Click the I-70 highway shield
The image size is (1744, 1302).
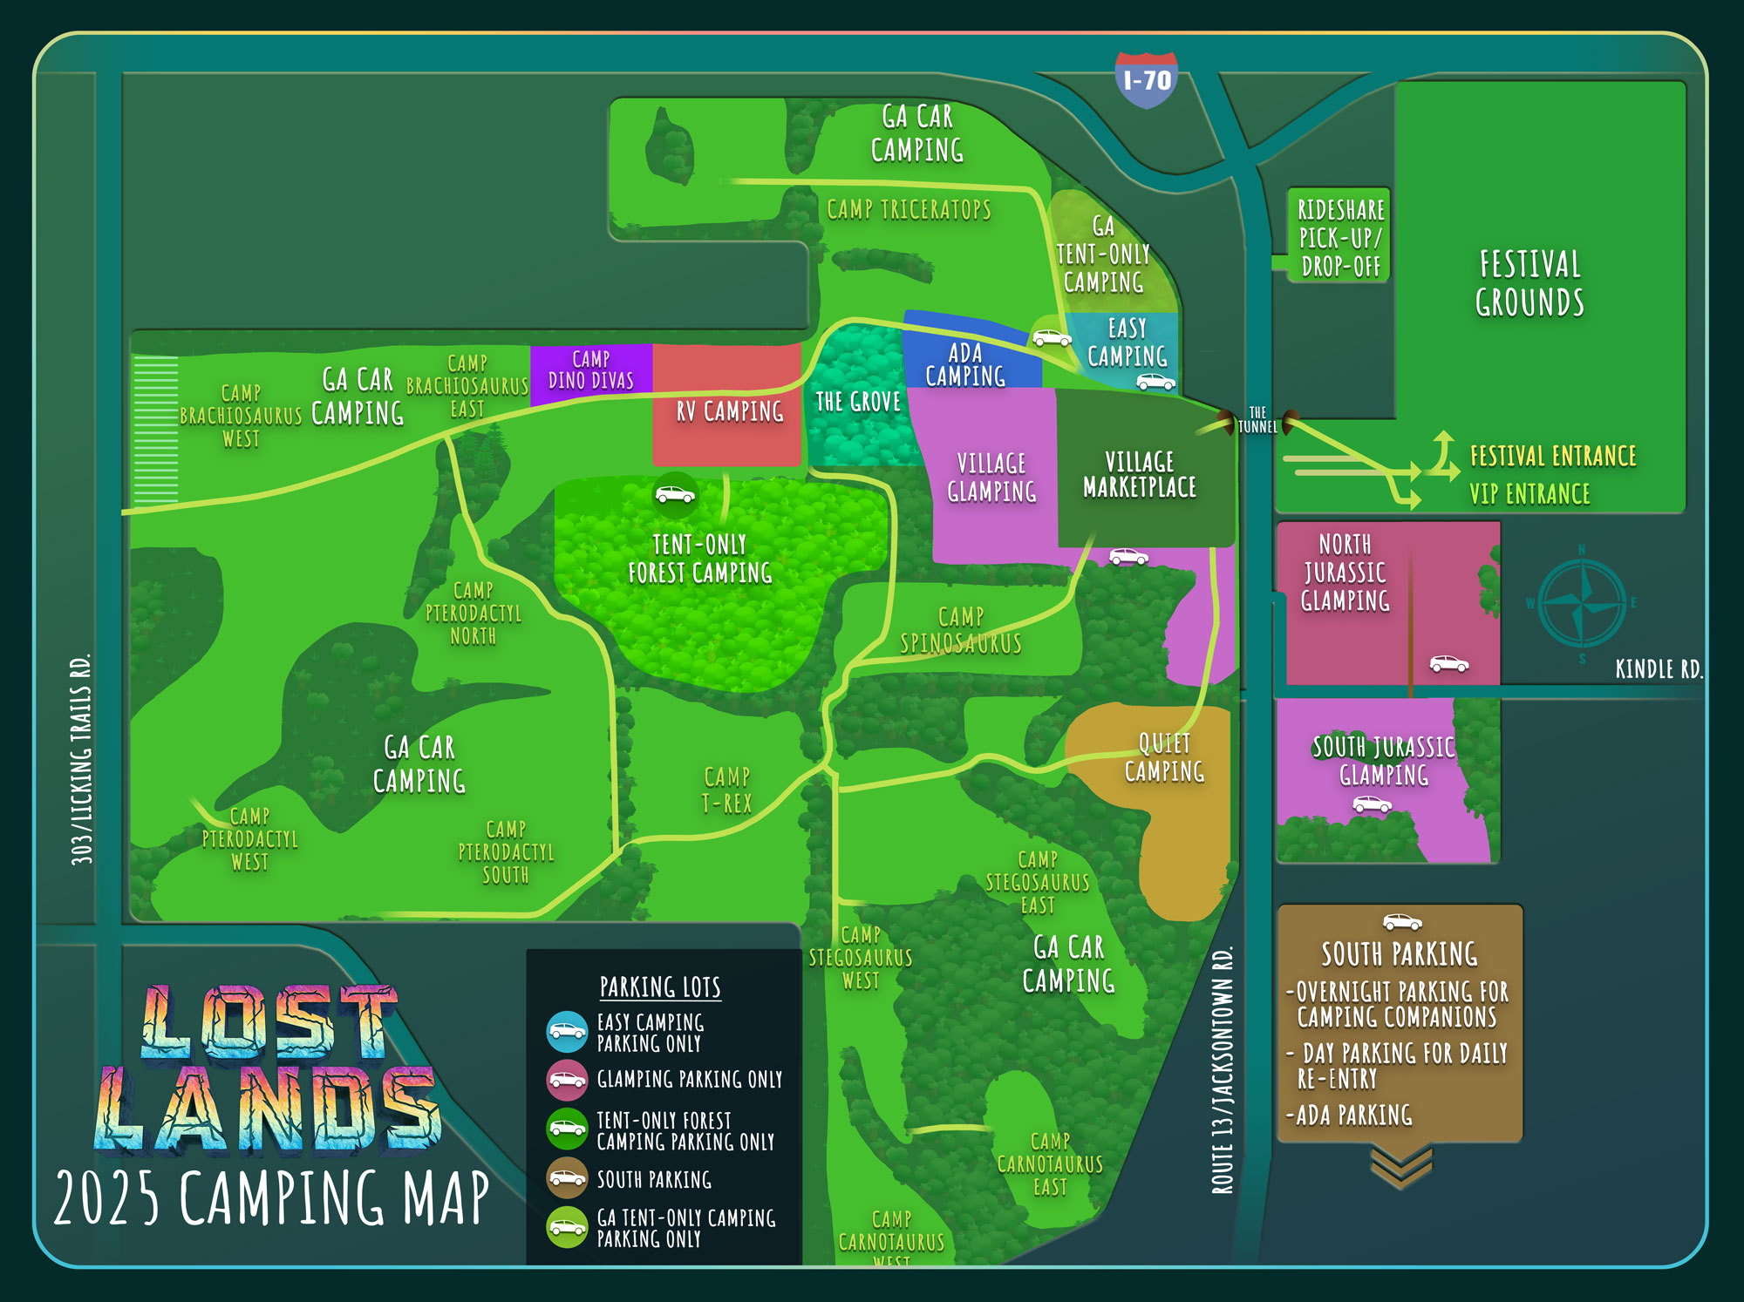(x=1147, y=80)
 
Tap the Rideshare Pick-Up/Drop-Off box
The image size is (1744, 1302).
(x=1339, y=237)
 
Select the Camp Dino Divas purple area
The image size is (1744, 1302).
(x=591, y=370)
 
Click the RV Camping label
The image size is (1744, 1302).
(x=730, y=411)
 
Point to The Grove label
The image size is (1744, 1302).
(x=858, y=402)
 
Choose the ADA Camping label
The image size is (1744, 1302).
(x=965, y=365)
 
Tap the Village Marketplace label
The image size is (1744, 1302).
(x=1140, y=474)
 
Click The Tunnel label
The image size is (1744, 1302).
(x=1257, y=420)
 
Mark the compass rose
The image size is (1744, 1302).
(x=1582, y=603)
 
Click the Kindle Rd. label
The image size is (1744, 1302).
(x=1658, y=669)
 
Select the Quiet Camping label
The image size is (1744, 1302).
(x=1164, y=757)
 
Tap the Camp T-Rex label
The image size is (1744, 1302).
(x=726, y=790)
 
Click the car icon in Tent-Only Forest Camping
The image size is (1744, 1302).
(x=676, y=495)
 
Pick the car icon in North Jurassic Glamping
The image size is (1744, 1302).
(x=1448, y=664)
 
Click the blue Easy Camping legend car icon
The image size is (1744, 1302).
(x=567, y=1032)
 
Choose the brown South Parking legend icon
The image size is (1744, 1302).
(x=567, y=1178)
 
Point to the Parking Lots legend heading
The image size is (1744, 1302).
(x=660, y=987)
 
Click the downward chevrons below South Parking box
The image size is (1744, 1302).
(x=1400, y=1166)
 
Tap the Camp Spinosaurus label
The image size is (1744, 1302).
(x=961, y=630)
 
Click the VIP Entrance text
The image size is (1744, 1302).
(x=1529, y=494)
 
